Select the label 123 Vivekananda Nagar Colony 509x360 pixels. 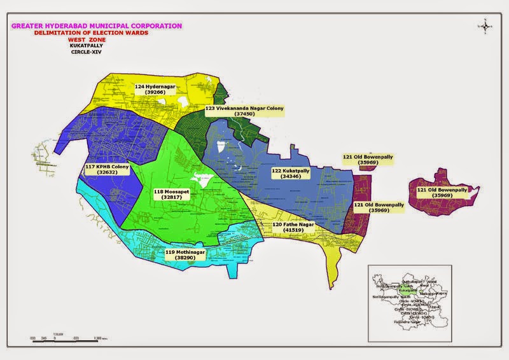pyautogui.click(x=244, y=109)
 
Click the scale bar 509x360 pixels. pyautogui.click(x=64, y=335)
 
